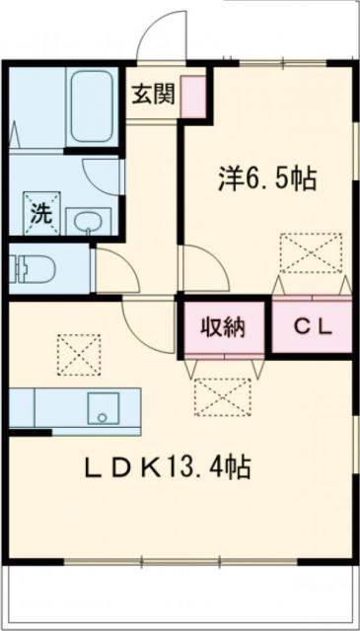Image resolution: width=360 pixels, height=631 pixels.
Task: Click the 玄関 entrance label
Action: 155,95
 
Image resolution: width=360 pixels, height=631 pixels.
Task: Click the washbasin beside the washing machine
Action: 89,220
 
